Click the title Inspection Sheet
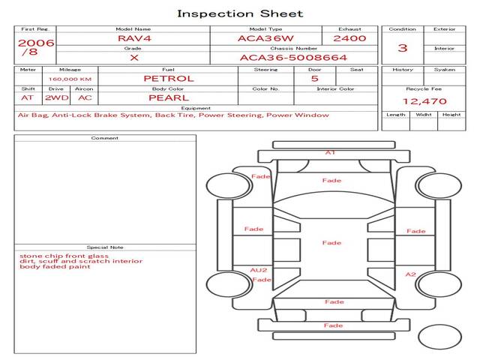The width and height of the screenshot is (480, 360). point(240,13)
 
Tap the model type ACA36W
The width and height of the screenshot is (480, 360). point(265,38)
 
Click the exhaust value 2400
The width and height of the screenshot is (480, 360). point(349,38)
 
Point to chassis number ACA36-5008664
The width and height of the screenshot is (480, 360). point(293,57)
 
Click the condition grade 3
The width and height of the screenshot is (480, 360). point(403,48)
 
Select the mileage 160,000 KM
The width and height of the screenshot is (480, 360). point(70,79)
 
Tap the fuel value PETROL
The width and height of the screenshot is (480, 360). point(169,78)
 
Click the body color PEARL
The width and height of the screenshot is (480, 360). point(169,97)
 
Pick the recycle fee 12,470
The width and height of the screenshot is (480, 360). point(424,101)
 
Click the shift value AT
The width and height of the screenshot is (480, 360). point(27,97)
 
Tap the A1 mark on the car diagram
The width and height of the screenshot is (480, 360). point(330,152)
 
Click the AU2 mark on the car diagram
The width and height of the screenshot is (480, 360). point(259,270)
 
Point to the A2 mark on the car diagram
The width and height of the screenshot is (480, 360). point(410,274)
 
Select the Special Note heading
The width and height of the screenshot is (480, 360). point(105,247)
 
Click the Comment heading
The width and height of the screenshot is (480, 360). point(105,138)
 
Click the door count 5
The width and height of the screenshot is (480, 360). point(314,78)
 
